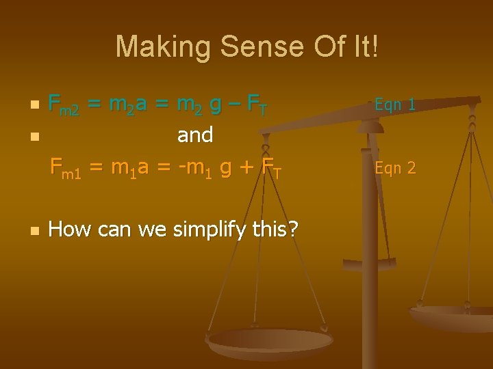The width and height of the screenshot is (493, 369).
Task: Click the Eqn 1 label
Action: click(395, 105)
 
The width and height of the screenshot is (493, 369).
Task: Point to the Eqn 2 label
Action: click(395, 167)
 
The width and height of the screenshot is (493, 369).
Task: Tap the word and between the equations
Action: click(195, 135)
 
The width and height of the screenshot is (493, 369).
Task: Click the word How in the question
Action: click(70, 229)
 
